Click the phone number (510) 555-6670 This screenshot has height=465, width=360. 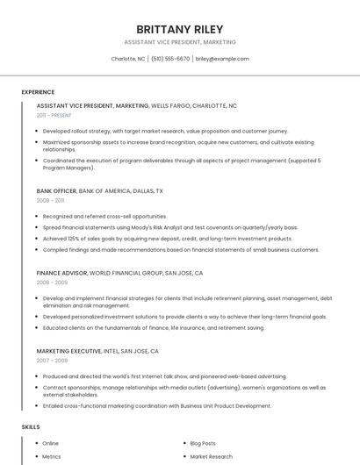coord(170,59)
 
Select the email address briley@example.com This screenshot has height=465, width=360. coord(222,59)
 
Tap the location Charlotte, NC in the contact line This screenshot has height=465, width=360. coord(128,59)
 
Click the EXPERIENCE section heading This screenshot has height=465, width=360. coord(38,91)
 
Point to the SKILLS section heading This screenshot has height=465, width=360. coord(31,426)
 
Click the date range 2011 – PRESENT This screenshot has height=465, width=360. coord(54,115)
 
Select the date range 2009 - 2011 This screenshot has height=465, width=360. coord(50,200)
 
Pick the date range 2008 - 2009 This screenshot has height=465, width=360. coord(52,283)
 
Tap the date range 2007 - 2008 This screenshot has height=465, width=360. coord(52,361)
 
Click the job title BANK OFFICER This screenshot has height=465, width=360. coord(56,190)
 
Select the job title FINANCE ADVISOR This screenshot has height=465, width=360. coord(61,273)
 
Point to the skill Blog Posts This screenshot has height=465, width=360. coord(203,443)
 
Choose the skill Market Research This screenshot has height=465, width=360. coord(211,456)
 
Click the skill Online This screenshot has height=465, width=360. coord(51,443)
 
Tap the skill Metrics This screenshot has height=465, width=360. coord(52,456)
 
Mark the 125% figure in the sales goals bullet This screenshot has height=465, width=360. coord(73,238)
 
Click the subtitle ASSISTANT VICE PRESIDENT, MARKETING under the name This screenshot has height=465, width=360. coord(179,42)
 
